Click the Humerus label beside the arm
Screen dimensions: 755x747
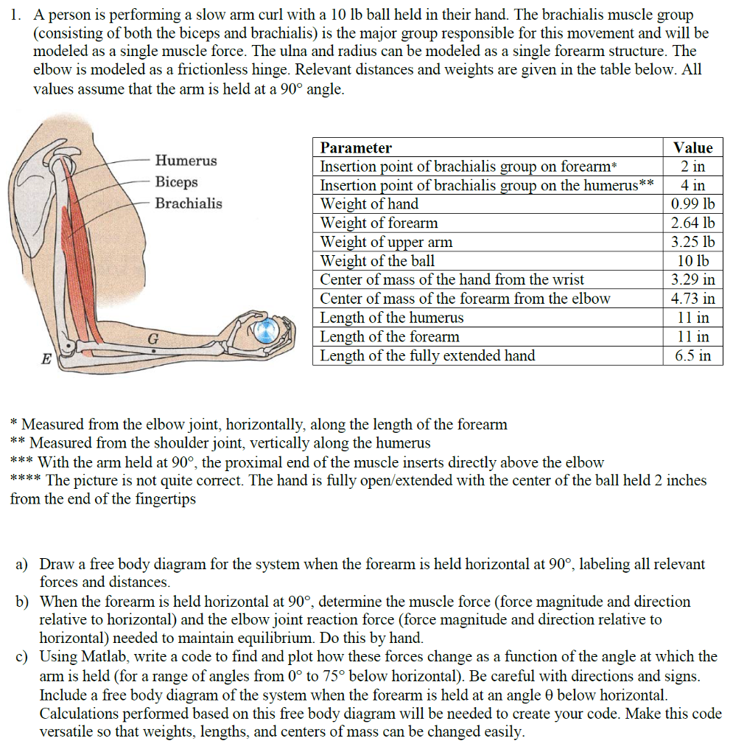point(186,161)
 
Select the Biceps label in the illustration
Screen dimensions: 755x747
point(176,182)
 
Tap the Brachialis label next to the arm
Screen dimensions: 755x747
point(188,203)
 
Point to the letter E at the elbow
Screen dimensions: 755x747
point(46,360)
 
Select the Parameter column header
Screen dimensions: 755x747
point(356,147)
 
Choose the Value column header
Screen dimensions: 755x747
point(692,147)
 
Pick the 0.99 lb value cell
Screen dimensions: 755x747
point(692,204)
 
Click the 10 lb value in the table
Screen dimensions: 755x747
point(692,261)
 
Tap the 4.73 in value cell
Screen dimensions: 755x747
point(692,299)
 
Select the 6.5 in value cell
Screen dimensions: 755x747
point(692,355)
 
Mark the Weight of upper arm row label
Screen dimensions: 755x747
point(386,242)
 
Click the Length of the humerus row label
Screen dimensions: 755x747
point(391,318)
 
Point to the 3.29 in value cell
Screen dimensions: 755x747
point(692,279)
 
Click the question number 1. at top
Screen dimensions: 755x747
point(15,15)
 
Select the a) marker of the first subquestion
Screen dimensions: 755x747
point(22,565)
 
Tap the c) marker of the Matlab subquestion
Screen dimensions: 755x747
point(22,657)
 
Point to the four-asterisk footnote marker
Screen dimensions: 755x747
point(26,481)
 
